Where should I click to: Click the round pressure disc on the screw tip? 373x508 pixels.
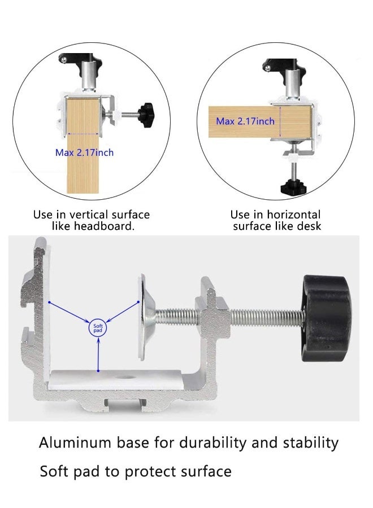pyautogui.click(x=141, y=317)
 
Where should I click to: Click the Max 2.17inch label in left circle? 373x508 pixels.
pyautogui.click(x=84, y=152)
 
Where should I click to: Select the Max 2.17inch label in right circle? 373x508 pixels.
pyautogui.click(x=245, y=121)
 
